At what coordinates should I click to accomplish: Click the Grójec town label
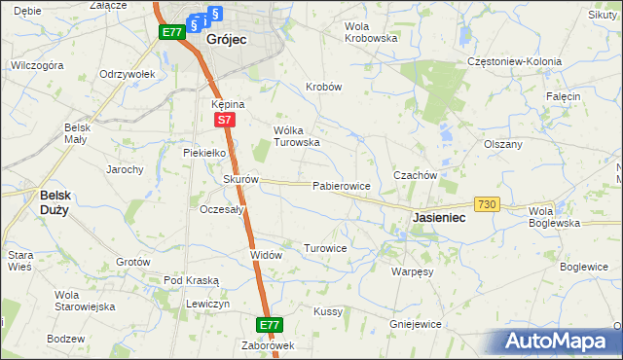coord(226,40)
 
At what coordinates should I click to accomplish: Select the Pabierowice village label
coord(341,185)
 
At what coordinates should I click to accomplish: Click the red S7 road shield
coord(224,120)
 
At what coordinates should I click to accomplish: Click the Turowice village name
coord(325,248)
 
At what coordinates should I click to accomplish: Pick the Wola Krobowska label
coord(371,31)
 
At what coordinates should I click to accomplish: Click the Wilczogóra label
coord(37,65)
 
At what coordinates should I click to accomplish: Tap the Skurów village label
coord(240,179)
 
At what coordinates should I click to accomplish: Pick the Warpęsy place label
coord(413,271)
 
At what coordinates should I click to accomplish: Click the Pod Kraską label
coord(192,280)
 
